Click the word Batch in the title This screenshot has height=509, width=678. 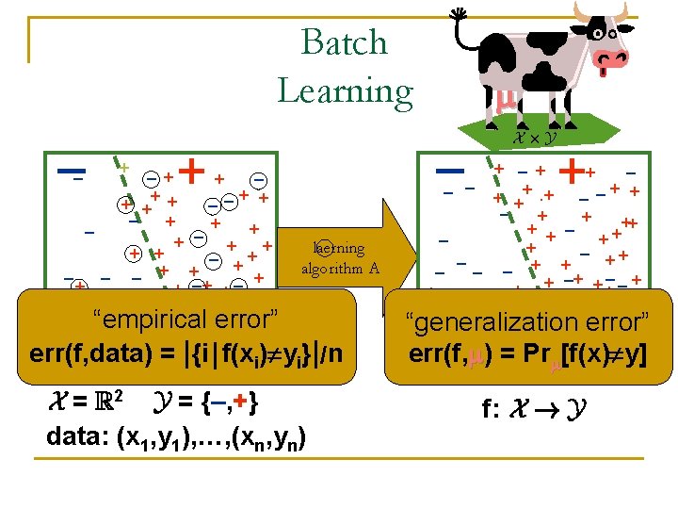tap(345, 42)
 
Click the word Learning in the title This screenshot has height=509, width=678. tap(345, 90)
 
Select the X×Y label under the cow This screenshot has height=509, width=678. tap(533, 138)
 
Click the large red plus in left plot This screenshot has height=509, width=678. tap(192, 171)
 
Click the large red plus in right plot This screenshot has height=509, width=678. tap(571, 171)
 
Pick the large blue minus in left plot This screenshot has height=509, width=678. tap(71, 172)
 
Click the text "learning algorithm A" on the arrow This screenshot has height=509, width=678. tap(340, 257)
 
